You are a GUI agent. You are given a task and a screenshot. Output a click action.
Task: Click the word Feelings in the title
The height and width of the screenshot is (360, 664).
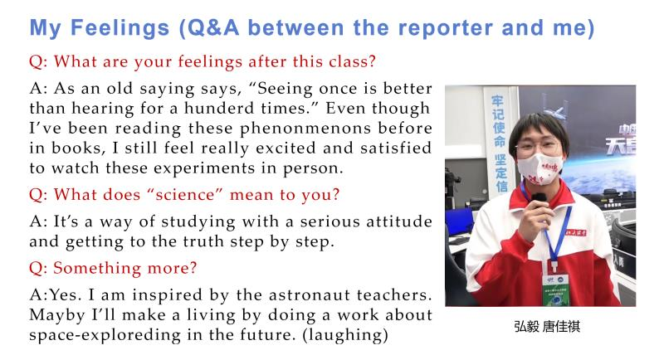coord(120,29)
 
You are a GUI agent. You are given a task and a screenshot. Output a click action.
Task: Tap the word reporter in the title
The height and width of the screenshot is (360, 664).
coord(446,29)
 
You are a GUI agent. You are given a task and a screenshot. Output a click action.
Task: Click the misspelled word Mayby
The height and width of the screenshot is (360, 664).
coord(57,315)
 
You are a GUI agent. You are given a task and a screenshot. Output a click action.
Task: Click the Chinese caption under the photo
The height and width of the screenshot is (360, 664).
coord(547,327)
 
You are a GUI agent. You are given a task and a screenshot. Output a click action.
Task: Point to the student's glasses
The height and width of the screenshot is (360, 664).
coord(537,147)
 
